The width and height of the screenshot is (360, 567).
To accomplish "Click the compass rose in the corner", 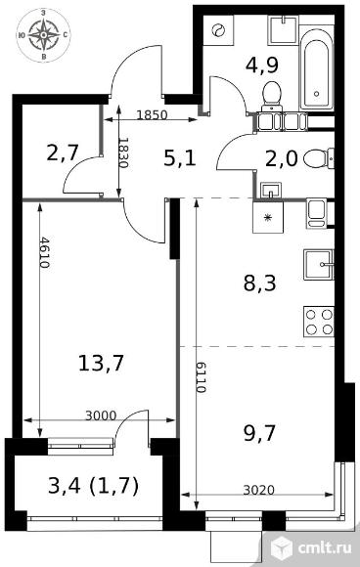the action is pos(43,35).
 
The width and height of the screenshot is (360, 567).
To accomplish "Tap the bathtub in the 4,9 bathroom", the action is pos(317,68).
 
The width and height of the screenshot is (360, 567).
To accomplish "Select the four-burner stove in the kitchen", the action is pos(318,322).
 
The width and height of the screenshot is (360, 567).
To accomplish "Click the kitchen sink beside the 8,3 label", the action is pos(318,265).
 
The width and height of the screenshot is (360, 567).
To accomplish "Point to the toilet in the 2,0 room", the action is pos(318,158).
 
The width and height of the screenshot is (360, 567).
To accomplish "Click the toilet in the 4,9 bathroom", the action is pos(271,95).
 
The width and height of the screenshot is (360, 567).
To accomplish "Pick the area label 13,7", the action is pos(101,363).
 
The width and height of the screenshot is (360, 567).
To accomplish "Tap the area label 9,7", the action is pos(260,433).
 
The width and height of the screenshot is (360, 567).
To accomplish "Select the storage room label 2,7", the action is pos(63,153).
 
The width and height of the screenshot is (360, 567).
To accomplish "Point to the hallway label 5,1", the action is pos(180,158).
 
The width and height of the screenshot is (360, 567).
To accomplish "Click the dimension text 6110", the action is pos(201,377).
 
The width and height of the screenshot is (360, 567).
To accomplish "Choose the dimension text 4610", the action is pos(44,252).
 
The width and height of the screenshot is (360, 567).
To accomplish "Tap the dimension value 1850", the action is pos(152,115).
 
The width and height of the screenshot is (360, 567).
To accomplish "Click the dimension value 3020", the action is pos(258,490).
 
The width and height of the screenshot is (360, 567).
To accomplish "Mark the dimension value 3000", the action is pos(101,415).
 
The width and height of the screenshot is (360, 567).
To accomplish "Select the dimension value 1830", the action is pos(123,153).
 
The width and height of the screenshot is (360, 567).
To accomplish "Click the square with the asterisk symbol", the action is pos(268,217).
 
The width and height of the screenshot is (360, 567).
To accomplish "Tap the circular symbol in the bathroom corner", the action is pos(218,30).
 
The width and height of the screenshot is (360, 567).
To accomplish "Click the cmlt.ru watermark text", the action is pos(325,547).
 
